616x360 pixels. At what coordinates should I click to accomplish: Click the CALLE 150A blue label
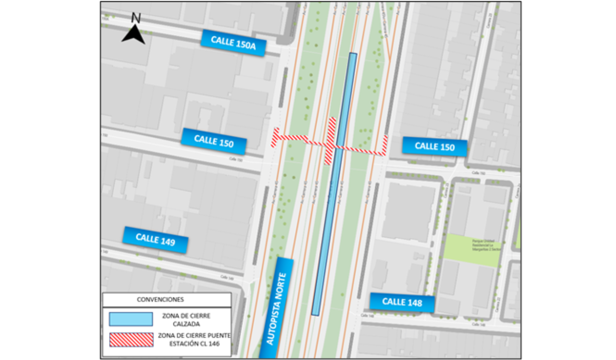click(x=233, y=43)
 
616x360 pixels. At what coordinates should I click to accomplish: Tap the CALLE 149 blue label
click(x=155, y=239)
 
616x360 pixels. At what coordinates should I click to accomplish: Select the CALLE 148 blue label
click(x=402, y=302)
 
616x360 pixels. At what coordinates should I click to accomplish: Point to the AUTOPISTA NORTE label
click(x=277, y=308)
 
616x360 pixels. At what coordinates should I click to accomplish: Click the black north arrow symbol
click(x=134, y=35)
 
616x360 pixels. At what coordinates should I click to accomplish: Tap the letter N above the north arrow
click(x=136, y=18)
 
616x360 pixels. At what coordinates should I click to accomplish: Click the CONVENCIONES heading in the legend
click(x=160, y=299)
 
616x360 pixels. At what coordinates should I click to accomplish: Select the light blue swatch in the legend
click(x=131, y=319)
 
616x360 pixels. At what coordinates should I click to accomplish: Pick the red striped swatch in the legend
click(x=131, y=340)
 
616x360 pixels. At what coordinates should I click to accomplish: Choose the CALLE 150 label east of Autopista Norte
click(x=435, y=146)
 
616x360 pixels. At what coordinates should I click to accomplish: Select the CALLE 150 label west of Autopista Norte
click(x=214, y=141)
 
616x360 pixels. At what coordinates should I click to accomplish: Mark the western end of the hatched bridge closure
click(x=274, y=137)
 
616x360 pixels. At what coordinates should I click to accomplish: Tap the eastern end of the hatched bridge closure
click(x=385, y=145)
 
